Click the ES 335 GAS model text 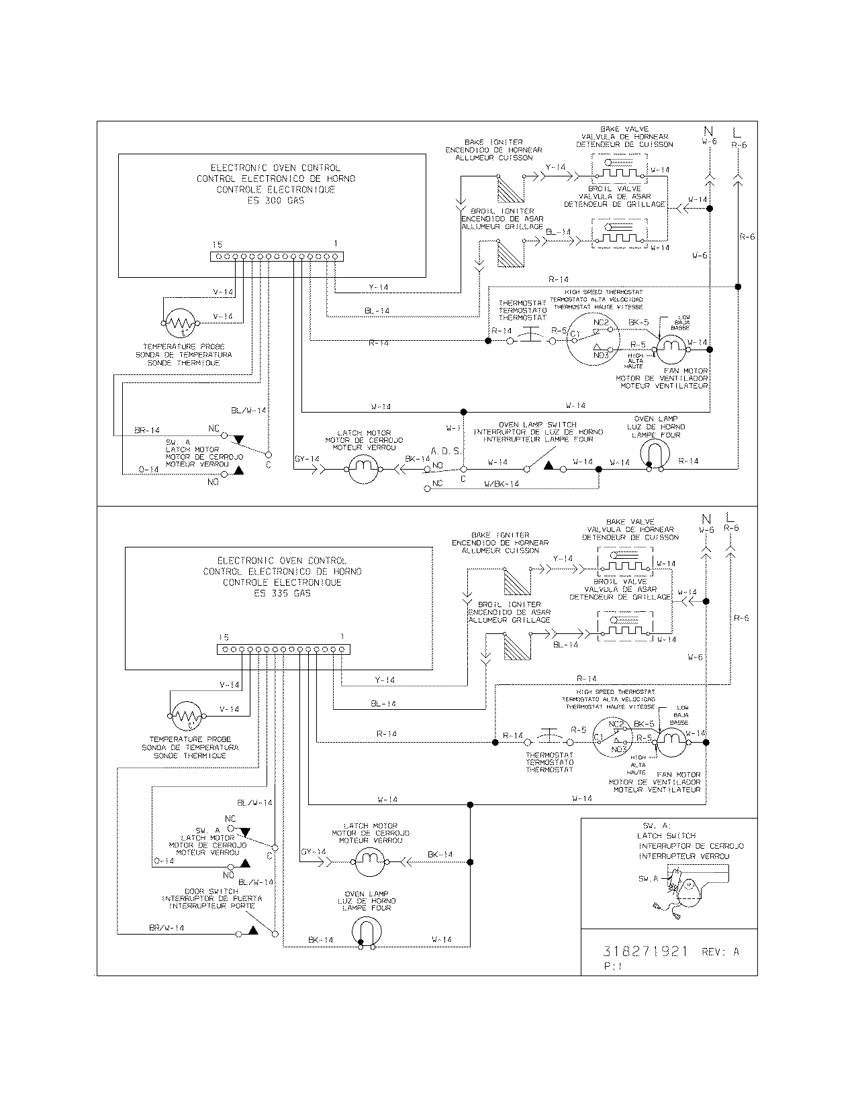point(283,593)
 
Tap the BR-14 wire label point(147,430)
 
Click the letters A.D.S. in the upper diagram point(446,452)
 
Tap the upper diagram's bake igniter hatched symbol point(508,189)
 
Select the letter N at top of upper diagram point(709,130)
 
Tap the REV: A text point(720,952)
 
